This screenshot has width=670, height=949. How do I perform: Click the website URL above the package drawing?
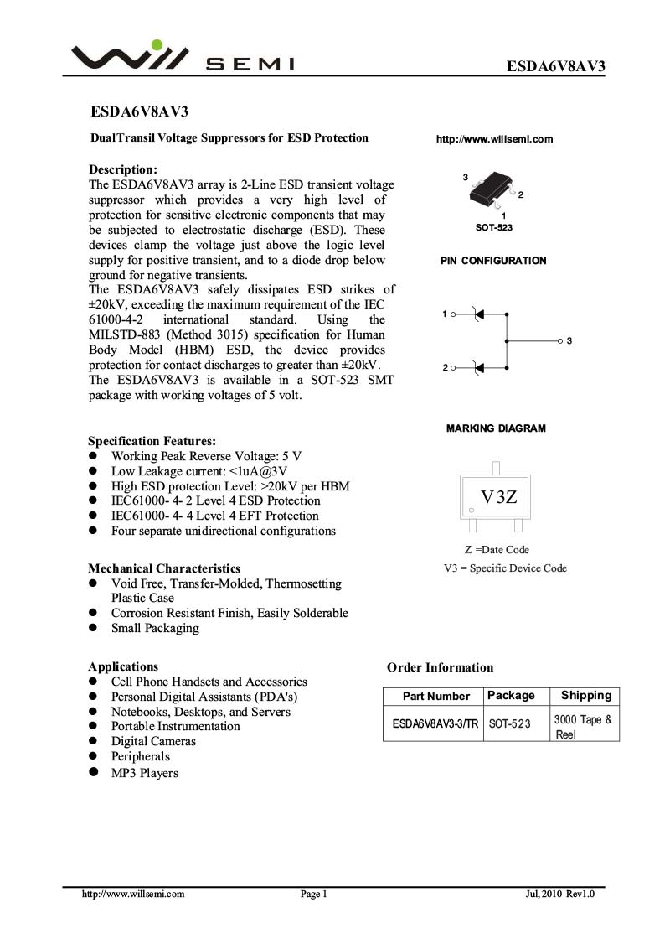494,139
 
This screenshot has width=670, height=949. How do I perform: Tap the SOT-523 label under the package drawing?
494,228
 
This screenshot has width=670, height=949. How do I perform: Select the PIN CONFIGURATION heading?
493,261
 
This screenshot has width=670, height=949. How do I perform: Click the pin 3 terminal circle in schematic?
560,341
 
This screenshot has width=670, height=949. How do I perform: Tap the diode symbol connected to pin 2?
478,368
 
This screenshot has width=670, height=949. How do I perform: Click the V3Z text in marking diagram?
498,496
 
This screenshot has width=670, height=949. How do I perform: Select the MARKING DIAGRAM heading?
496,428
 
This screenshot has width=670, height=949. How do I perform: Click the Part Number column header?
436,696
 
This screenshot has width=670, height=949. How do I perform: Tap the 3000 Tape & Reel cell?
583,726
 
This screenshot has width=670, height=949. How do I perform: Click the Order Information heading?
440,667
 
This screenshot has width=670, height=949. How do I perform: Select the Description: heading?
123,169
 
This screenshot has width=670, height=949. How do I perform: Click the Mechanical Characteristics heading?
164,568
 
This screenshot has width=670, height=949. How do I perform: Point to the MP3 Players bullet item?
144,773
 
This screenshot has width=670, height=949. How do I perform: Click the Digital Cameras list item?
153,741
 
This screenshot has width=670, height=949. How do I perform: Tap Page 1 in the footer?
313,895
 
